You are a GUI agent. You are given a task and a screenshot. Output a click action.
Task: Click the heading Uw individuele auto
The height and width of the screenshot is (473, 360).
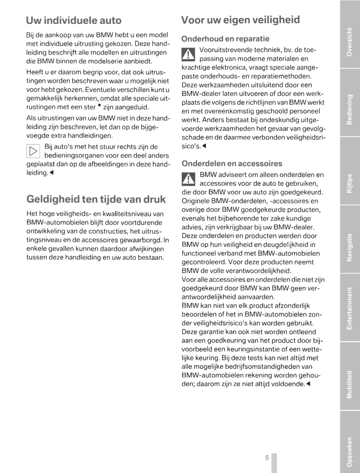tap(74, 20)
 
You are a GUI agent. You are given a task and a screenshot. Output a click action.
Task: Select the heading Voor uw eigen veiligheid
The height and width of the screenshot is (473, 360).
tap(240, 20)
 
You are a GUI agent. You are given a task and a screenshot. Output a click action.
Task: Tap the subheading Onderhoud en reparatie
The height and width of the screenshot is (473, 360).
tap(225, 39)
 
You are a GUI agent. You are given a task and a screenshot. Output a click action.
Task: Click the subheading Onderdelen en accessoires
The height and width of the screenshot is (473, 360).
tap(232, 164)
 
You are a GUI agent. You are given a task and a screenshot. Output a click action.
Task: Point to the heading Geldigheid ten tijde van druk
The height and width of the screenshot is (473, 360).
tap(96, 199)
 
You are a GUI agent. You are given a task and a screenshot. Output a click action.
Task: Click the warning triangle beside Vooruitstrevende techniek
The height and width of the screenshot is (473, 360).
tap(188, 54)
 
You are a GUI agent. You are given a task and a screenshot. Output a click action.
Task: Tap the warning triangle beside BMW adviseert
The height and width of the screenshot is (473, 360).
tap(188, 179)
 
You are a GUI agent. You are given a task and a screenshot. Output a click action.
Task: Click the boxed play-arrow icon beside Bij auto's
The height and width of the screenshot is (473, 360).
tap(33, 151)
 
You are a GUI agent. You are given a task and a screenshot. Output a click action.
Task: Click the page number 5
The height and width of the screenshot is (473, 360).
tap(267, 458)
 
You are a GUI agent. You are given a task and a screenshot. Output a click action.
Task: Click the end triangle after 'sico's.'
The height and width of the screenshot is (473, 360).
tap(204, 146)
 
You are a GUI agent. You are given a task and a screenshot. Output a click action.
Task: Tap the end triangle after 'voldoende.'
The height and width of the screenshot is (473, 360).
tap(308, 384)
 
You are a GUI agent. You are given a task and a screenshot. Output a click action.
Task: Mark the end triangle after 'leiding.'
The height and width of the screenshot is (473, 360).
tap(51, 173)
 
